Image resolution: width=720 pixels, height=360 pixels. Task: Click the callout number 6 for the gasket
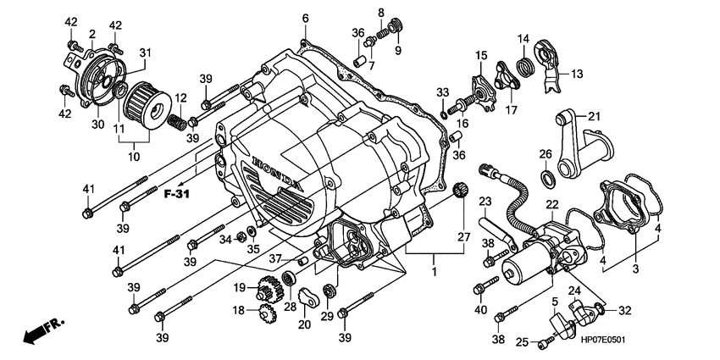305,18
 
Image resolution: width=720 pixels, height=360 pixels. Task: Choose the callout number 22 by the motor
551,204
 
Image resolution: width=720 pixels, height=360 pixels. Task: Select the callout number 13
576,74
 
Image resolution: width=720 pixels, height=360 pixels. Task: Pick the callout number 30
98,125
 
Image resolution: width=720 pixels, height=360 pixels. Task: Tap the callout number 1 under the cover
434,274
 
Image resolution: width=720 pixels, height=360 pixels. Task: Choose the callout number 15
480,56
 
